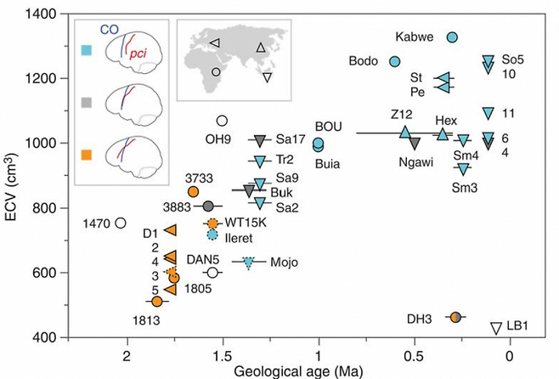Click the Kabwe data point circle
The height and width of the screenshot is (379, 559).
pyautogui.click(x=453, y=37)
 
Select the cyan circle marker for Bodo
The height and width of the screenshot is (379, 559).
pyautogui.click(x=394, y=61)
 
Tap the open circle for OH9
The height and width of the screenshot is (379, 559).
pyautogui.click(x=223, y=121)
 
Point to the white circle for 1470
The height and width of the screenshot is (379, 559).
pyautogui.click(x=120, y=223)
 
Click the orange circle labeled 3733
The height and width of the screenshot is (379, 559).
pyautogui.click(x=194, y=192)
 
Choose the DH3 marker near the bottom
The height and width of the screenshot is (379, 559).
pyautogui.click(x=455, y=317)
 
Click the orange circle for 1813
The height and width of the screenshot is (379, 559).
pyautogui.click(x=156, y=302)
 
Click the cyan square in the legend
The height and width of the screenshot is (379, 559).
pyautogui.click(x=86, y=50)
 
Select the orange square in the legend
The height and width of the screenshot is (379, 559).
pyautogui.click(x=86, y=155)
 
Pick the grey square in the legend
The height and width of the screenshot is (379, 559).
pyautogui.click(x=86, y=102)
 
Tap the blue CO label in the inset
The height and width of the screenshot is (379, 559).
pyautogui.click(x=110, y=28)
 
